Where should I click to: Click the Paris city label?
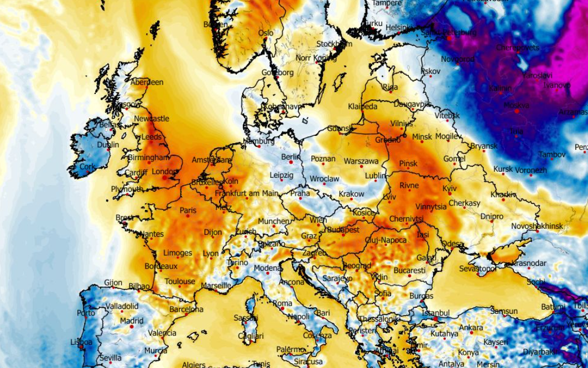point(188,210)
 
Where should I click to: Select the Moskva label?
point(517,106)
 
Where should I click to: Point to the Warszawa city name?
point(361,161)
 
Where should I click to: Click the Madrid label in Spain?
point(132,320)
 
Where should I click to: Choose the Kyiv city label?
point(450,188)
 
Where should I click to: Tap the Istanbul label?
point(436,313)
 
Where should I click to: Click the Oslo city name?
point(266,33)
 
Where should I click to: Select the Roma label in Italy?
point(282,303)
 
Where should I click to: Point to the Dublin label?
point(108,145)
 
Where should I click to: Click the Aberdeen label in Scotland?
point(147,82)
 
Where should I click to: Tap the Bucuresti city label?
point(410,270)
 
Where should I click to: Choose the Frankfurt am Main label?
point(247,193)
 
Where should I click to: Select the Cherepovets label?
point(517,48)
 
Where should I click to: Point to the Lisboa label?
point(81,342)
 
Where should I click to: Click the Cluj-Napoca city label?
point(386,240)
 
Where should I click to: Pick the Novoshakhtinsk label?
point(537,226)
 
